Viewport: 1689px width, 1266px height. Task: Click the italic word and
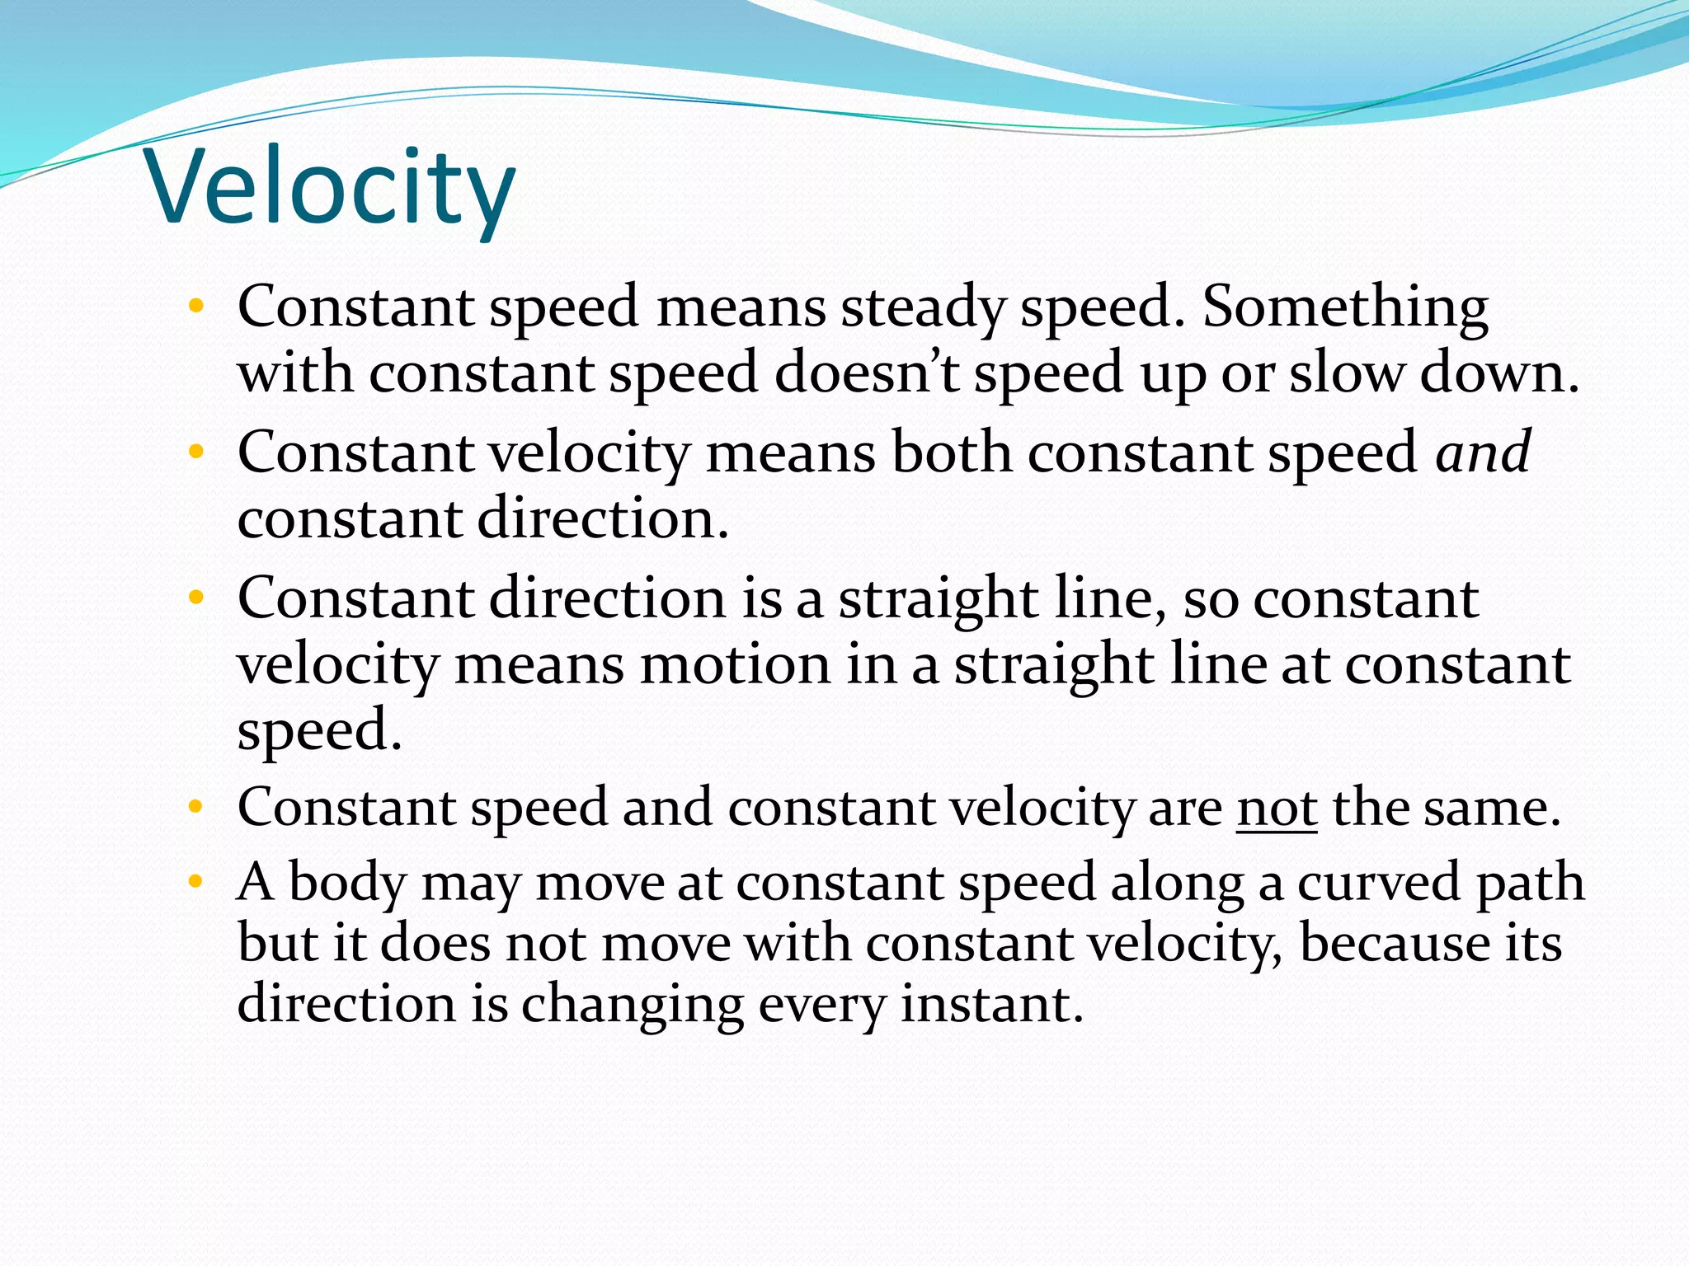coord(1483,452)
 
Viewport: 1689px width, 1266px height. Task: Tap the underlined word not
coord(1276,808)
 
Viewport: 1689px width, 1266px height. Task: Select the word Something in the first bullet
coord(1345,308)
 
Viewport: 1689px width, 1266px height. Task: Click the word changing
coord(632,1005)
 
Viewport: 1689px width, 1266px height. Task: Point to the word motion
coord(736,664)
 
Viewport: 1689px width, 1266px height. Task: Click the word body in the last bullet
coord(347,883)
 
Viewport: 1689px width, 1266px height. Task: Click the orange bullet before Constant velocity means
coord(195,452)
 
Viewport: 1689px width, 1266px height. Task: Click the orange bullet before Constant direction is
coord(195,598)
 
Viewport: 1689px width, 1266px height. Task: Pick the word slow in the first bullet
coord(1346,373)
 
